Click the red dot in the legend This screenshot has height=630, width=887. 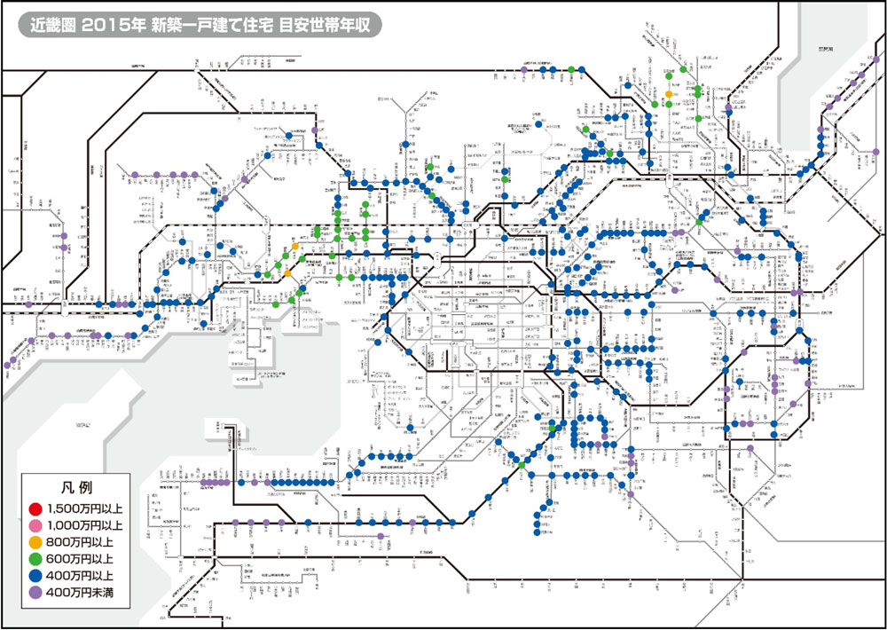35,508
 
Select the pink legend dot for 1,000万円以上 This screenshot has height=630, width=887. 35,524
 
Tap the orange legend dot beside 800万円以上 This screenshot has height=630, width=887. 35,541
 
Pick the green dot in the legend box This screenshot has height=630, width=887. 35,558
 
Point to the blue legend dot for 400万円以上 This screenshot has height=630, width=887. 35,575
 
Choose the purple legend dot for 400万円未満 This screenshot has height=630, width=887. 35,591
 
